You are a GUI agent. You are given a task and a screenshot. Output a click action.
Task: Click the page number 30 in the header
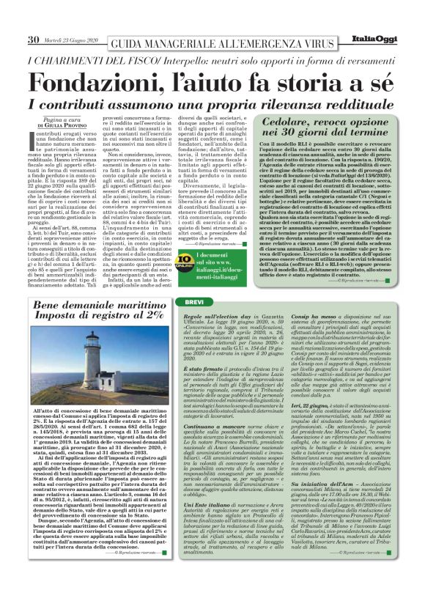[33, 40]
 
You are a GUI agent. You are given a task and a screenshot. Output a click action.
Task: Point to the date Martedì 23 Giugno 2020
[71, 40]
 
